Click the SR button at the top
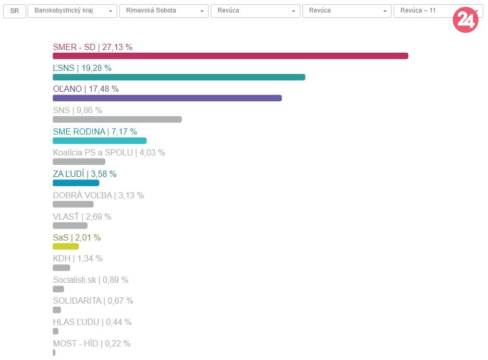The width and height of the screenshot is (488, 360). click(14, 11)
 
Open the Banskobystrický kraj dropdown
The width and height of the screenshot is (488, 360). click(72, 11)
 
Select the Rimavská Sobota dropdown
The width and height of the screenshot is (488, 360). click(164, 11)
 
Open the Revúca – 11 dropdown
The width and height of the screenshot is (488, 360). click(422, 11)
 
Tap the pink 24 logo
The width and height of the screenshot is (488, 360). click(465, 20)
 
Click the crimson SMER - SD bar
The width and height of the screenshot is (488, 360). click(230, 56)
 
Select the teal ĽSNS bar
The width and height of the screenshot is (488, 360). click(179, 77)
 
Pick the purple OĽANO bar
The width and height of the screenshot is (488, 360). click(167, 98)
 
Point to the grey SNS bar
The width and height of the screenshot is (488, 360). click(117, 119)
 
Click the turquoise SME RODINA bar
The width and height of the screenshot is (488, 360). click(99, 140)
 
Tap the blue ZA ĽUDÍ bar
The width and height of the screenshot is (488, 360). click(76, 183)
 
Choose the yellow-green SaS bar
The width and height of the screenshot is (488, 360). click(66, 246)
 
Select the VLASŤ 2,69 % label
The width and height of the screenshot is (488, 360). click(82, 217)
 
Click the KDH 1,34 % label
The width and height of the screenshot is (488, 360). click(78, 259)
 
